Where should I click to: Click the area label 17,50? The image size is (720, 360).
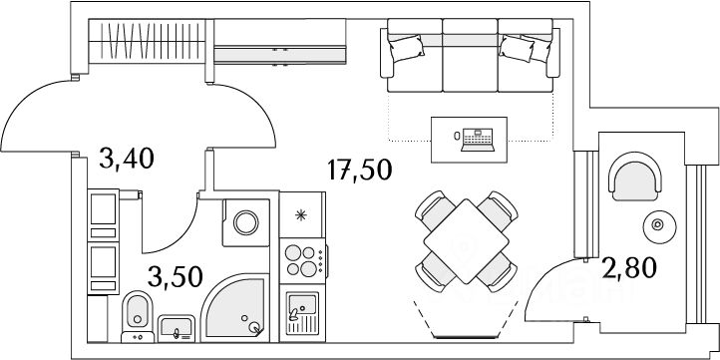[x=360, y=170]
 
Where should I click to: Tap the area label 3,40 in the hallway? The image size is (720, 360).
[x=126, y=159]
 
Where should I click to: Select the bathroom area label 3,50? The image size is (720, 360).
[x=175, y=276]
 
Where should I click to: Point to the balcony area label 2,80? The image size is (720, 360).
[x=629, y=267]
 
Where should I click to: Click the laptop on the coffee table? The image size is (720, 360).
[x=478, y=140]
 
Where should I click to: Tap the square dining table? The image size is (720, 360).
[x=466, y=241]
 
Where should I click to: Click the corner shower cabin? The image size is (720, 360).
[x=234, y=308]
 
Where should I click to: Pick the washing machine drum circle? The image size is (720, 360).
[x=246, y=222]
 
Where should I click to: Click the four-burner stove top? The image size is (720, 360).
[x=303, y=260]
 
